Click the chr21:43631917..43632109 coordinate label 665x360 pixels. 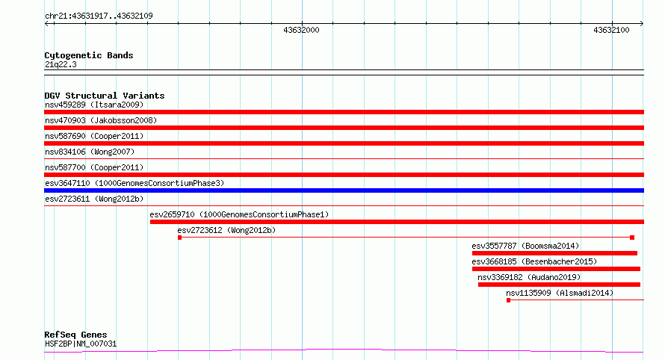[99, 16]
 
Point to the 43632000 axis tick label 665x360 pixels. [301, 30]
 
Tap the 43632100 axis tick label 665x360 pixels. [611, 30]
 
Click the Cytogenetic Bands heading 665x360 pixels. [89, 55]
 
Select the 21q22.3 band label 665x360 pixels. [61, 64]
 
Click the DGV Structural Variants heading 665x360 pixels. [105, 96]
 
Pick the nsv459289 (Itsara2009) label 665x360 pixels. [94, 105]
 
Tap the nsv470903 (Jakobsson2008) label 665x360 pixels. [101, 120]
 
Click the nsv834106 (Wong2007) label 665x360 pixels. [90, 152]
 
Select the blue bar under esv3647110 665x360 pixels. [344, 190]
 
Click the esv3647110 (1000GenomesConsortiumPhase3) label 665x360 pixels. [134, 183]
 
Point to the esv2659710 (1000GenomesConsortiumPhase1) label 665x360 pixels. [239, 214]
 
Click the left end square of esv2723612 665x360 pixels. [180, 238]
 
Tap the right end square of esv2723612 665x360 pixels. [632, 238]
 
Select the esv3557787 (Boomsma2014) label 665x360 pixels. [525, 246]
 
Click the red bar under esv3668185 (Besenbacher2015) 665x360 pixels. [556, 269]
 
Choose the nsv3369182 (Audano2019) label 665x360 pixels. [529, 277]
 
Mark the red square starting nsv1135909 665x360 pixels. [509, 300]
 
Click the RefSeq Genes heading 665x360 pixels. [75, 335]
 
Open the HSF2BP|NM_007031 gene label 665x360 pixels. [81, 344]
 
